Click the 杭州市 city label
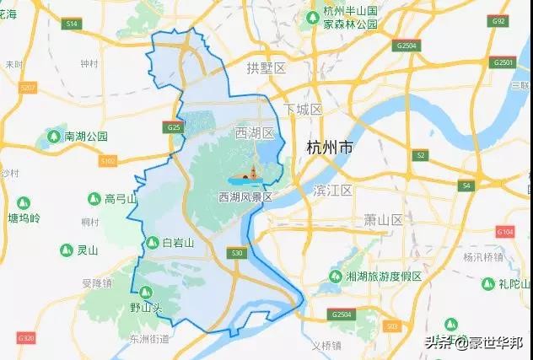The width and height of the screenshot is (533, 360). click(330, 148)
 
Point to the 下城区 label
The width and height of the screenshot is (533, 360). click(303, 110)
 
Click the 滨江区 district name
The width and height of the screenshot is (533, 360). click(331, 190)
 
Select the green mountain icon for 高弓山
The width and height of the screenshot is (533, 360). click(94, 199)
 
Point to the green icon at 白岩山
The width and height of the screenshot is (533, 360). click(152, 243)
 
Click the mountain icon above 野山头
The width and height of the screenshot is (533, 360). click(145, 293)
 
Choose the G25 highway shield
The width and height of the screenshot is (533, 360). click(174, 127)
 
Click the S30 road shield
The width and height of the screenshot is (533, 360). click(237, 252)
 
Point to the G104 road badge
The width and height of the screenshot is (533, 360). click(504, 230)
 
